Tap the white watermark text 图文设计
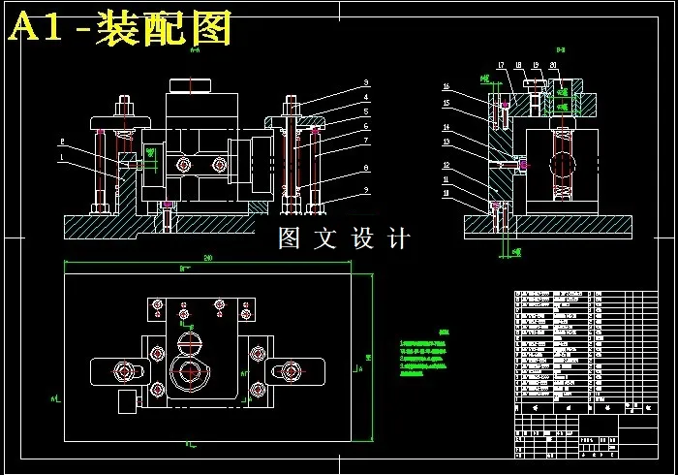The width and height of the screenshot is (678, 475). point(344,238)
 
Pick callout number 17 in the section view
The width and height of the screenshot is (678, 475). point(501,65)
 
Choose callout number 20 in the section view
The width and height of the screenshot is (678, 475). point(553,65)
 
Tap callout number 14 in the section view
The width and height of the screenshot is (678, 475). point(447,127)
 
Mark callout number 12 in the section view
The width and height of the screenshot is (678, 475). point(447,165)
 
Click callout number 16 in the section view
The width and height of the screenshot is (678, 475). point(447,85)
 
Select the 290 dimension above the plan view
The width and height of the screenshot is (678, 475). point(207,258)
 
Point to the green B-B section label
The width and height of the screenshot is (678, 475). point(560,48)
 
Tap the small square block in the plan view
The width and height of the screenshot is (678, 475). point(127,399)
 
